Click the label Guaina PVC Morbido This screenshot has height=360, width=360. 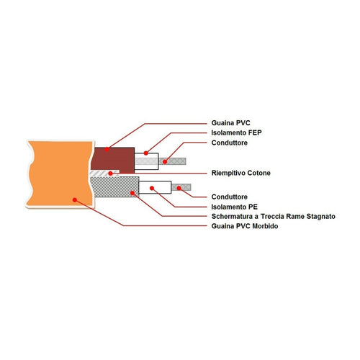click(245, 226)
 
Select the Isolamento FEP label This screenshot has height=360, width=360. click(236, 132)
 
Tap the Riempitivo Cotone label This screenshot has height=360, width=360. click(241, 173)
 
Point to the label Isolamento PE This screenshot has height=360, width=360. click(235, 207)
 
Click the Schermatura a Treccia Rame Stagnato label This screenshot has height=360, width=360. click(274, 217)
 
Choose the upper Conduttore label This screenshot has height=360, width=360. click(230, 143)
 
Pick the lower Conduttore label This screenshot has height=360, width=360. click(230, 197)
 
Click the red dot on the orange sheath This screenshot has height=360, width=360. click(75, 200)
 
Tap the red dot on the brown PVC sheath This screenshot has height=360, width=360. click(107, 149)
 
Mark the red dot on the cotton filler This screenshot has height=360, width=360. click(110, 174)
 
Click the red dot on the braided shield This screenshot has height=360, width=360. click(132, 193)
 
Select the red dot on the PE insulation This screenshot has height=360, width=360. click(152, 188)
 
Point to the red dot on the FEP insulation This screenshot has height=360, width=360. click(146, 153)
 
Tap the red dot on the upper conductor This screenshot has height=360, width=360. click(165, 162)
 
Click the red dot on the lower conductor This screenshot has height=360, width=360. click(179, 188)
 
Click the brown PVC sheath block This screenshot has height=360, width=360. click(112, 161)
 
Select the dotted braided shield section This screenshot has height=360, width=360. click(114, 187)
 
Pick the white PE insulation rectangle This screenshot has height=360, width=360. click(155, 187)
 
